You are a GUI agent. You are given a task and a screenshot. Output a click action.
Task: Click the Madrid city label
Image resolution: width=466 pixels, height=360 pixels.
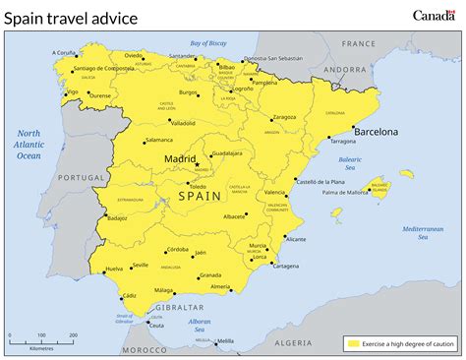[x=179, y=157]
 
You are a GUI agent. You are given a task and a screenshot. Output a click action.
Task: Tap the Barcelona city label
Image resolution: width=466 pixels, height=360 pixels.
[x=376, y=131]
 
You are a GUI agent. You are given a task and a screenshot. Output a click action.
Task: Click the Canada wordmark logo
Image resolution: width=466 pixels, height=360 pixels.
[x=434, y=15]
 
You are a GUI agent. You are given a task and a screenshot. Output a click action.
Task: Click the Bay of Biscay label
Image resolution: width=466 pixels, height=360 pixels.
[x=208, y=43]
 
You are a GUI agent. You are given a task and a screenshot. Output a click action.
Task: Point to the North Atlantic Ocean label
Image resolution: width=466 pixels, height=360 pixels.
[x=29, y=144]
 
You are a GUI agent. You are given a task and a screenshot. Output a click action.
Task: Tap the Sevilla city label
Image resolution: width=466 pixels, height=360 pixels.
[x=141, y=265]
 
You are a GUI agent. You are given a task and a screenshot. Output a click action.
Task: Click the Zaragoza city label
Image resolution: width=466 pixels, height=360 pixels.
[x=284, y=117]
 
